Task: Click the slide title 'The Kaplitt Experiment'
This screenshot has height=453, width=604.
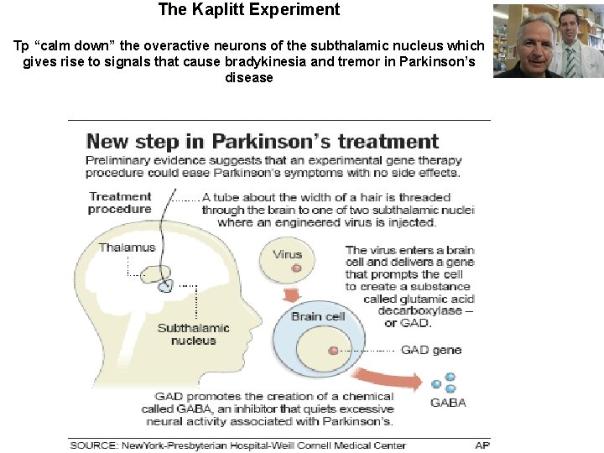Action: [x=249, y=10]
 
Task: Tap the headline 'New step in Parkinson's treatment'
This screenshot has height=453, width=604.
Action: [x=263, y=141]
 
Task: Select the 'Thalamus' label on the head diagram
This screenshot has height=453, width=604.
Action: [x=127, y=247]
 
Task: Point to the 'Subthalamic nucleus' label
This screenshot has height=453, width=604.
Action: [x=193, y=334]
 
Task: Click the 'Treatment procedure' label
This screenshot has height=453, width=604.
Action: [x=120, y=203]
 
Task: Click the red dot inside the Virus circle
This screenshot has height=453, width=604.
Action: [x=296, y=269]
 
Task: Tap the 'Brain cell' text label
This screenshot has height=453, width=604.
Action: [x=318, y=316]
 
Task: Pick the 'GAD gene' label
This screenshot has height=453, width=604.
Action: [x=430, y=350]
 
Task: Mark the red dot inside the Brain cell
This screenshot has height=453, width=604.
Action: [x=333, y=350]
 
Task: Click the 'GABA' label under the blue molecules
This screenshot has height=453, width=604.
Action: [x=448, y=402]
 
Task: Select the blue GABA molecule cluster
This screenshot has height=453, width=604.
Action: [x=445, y=383]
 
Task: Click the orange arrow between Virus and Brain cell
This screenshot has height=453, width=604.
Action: [x=290, y=295]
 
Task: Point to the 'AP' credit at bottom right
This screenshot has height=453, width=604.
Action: [x=482, y=445]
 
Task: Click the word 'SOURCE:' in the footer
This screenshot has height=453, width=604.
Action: [x=94, y=445]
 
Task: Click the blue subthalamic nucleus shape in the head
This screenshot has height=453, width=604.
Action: [x=165, y=285]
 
